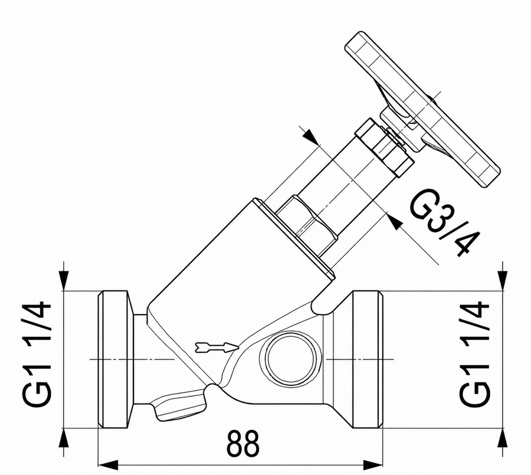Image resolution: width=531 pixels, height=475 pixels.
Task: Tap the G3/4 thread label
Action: (x=445, y=222)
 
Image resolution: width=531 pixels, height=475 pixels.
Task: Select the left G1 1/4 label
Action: (x=37, y=355)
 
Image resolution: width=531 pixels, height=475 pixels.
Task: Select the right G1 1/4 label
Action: (x=474, y=355)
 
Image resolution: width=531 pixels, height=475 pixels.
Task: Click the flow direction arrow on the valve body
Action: (x=217, y=348)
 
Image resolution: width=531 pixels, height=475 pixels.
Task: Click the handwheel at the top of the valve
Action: (x=422, y=109)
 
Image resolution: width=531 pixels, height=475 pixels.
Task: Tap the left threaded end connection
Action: (x=113, y=359)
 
